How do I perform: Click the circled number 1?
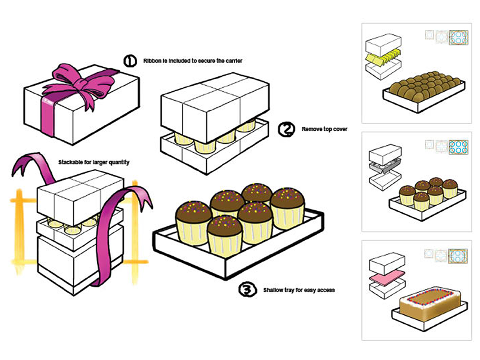point(130,61)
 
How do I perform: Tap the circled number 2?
point(286,129)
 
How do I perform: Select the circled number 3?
point(248,290)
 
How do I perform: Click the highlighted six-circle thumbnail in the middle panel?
point(458,147)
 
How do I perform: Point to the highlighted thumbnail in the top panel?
point(458,38)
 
